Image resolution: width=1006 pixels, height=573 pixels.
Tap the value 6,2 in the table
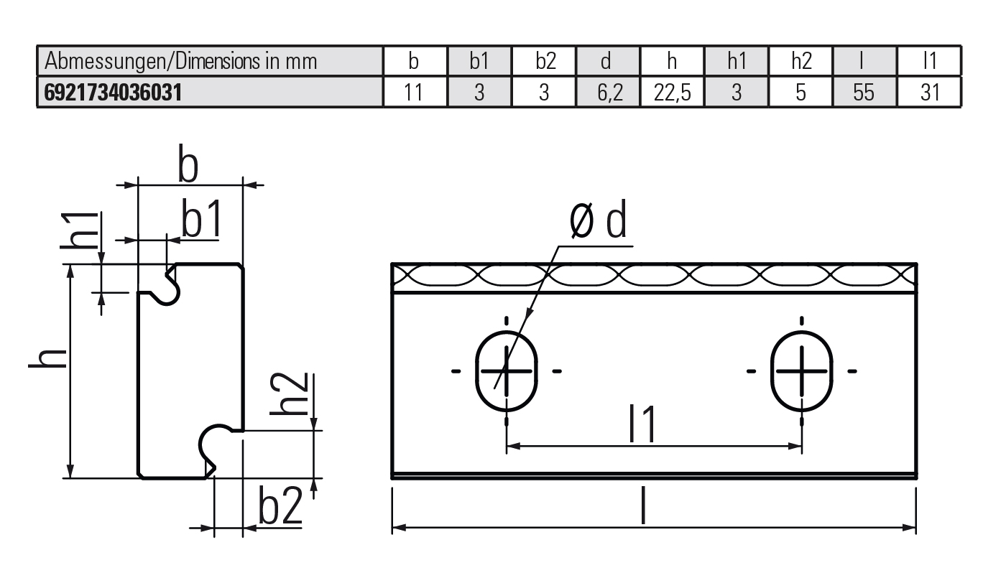tap(607, 93)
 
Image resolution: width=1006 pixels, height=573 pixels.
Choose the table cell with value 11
tap(414, 93)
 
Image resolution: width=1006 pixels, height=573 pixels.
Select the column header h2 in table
tap(800, 62)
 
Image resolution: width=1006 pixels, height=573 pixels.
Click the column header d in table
tap(607, 62)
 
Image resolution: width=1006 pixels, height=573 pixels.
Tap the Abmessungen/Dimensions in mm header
tap(181, 62)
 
